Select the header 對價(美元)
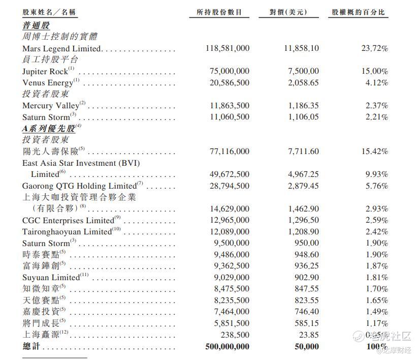coord(289,12)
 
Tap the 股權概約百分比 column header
coord(358,12)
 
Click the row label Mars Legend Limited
coord(62,48)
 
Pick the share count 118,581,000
coord(228,48)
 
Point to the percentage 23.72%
coord(375,48)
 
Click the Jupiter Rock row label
coord(45,72)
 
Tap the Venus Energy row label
coord(48,83)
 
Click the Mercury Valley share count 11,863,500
coord(230,106)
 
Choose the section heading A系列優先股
coord(49,129)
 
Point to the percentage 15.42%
coord(375,152)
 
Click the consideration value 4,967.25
coord(303,174)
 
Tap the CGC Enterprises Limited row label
coord(68,221)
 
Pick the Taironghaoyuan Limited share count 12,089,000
coord(230,232)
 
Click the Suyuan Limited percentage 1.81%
coord(377,278)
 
